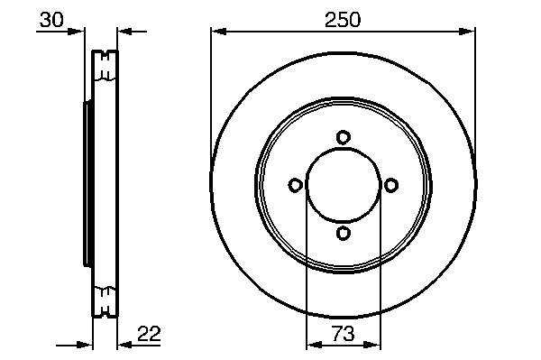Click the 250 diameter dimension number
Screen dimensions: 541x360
[x=343, y=19]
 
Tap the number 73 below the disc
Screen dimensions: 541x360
[x=344, y=334]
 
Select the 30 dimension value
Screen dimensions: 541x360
[x=51, y=20]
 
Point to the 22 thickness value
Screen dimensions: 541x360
[x=149, y=334]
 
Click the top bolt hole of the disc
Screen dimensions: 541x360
[x=344, y=137]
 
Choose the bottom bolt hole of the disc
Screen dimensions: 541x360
[x=344, y=233]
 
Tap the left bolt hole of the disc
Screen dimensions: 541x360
[x=296, y=185]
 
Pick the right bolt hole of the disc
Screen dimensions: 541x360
[x=391, y=185]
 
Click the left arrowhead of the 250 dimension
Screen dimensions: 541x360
[x=218, y=32]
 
